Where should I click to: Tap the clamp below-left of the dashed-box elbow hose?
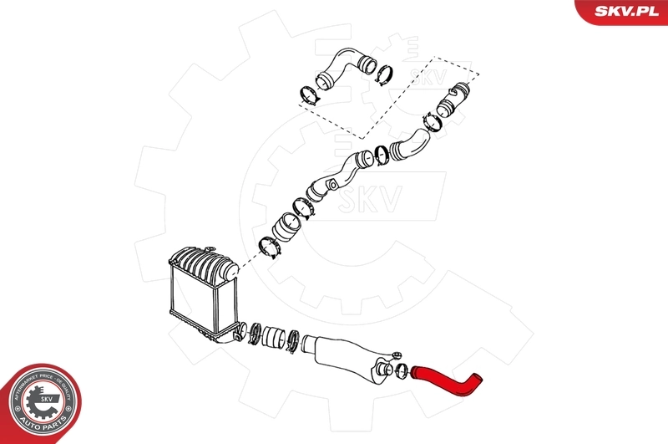tap(308, 94)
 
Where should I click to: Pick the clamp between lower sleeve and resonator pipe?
tap(291, 341)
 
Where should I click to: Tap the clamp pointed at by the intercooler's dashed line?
tap(271, 247)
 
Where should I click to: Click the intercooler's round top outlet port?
tap(231, 269)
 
